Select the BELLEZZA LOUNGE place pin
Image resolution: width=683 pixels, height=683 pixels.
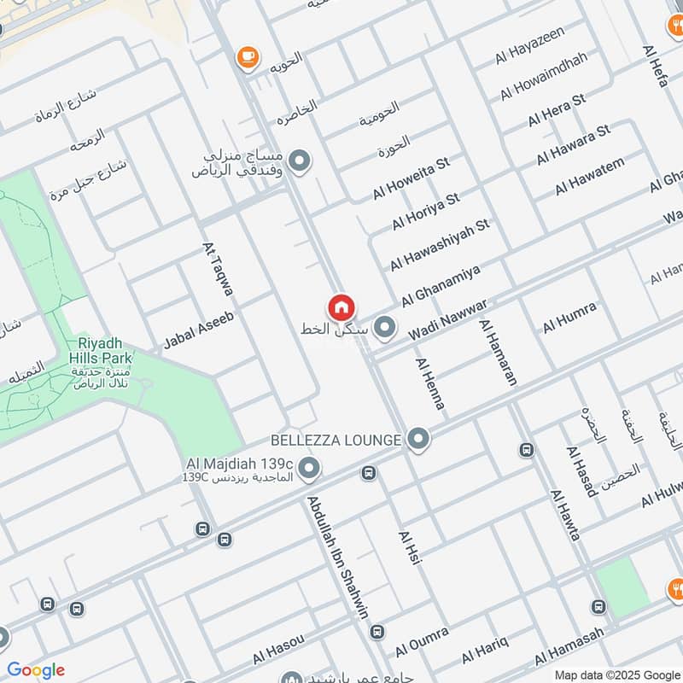click(417, 440)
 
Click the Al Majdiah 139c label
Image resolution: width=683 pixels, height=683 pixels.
click(240, 464)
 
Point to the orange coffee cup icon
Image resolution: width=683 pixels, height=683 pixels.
click(248, 56)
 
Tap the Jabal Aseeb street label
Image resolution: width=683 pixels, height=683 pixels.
click(198, 332)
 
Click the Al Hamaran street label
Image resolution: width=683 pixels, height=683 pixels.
click(499, 352)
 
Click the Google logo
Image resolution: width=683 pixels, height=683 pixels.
click(36, 669)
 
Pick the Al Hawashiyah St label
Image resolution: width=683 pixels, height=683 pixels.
click(440, 244)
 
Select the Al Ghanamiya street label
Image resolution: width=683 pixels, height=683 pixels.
click(441, 285)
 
